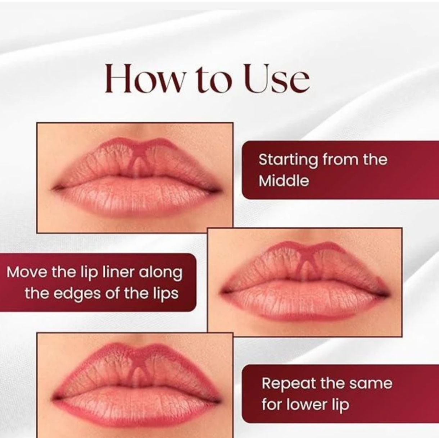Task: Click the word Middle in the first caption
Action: (x=284, y=181)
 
